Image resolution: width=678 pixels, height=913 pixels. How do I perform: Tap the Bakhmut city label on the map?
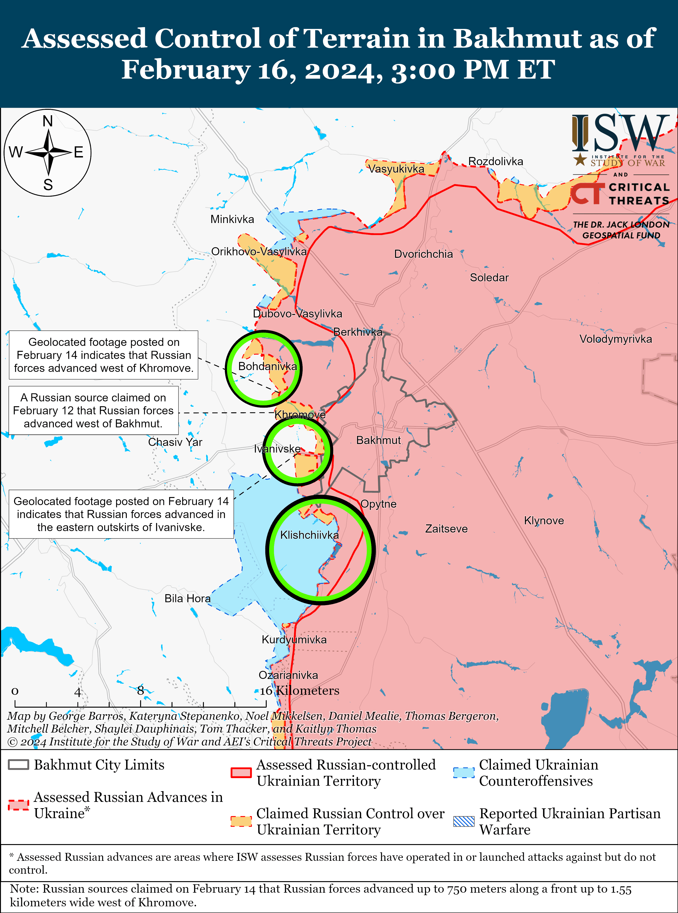point(378,440)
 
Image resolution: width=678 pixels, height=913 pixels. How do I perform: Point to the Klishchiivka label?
point(309,535)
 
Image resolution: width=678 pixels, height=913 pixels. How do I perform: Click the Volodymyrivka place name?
point(615,339)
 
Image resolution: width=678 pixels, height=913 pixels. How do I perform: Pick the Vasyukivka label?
point(396,169)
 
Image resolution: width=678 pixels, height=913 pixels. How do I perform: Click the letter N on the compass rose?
point(48,122)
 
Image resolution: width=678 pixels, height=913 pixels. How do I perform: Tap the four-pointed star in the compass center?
point(48,152)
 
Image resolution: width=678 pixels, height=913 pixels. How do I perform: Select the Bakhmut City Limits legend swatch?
point(19,765)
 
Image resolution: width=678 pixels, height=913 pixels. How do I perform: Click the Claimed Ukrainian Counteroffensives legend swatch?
point(464,772)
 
